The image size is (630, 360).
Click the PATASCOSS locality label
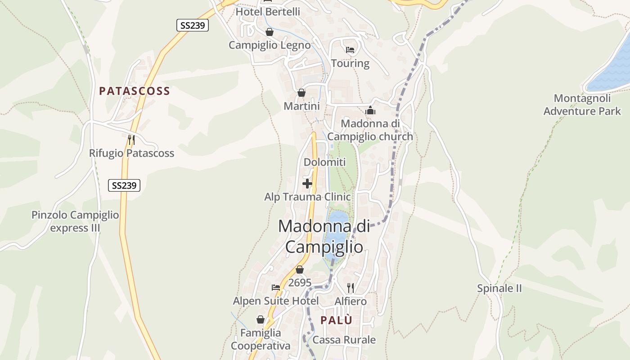135,91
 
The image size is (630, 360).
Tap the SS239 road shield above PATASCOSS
192,25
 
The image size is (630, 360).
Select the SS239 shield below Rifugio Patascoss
124,185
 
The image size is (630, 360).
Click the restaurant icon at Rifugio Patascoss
131,140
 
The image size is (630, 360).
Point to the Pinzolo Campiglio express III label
75,221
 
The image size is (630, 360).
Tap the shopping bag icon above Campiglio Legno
269,32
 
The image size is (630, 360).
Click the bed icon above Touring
350,50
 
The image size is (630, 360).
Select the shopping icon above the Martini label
301,93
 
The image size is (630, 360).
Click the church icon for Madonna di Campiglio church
370,110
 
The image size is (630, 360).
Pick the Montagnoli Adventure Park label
582,104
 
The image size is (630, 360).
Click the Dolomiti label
324,162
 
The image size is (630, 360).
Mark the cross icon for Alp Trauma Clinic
307,184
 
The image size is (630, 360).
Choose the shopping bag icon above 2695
300,270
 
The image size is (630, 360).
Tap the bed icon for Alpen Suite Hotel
276,288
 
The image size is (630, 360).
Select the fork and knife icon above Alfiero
351,288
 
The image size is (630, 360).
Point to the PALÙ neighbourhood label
336,320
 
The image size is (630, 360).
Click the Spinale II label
499,288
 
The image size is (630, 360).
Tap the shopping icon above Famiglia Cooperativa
261,320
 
